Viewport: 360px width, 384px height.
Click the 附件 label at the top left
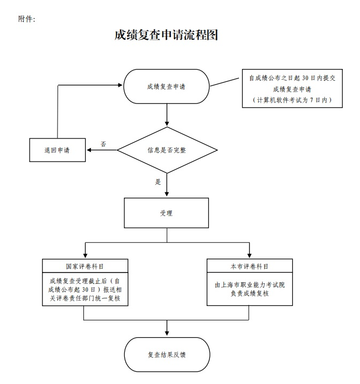[27, 19]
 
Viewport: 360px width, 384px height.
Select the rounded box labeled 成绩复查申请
[166, 86]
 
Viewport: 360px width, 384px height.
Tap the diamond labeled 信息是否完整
[167, 150]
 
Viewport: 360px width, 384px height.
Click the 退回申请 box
[57, 150]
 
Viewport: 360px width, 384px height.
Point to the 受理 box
[166, 213]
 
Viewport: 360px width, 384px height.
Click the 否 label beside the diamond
[103, 144]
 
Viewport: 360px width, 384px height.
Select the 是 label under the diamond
[158, 181]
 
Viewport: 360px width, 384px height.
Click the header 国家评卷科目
[85, 266]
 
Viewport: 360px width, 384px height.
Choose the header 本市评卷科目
[250, 266]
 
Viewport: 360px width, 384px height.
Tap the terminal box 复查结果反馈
[166, 355]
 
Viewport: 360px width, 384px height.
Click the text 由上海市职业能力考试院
[250, 284]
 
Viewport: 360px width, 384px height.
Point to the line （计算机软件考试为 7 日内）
[292, 100]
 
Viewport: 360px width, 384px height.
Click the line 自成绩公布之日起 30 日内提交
[292, 78]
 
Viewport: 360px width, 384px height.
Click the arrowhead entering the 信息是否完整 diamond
[167, 123]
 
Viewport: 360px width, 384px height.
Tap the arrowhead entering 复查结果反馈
[167, 334]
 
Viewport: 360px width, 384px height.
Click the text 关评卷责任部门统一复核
[85, 297]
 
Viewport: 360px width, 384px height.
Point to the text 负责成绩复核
[250, 294]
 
